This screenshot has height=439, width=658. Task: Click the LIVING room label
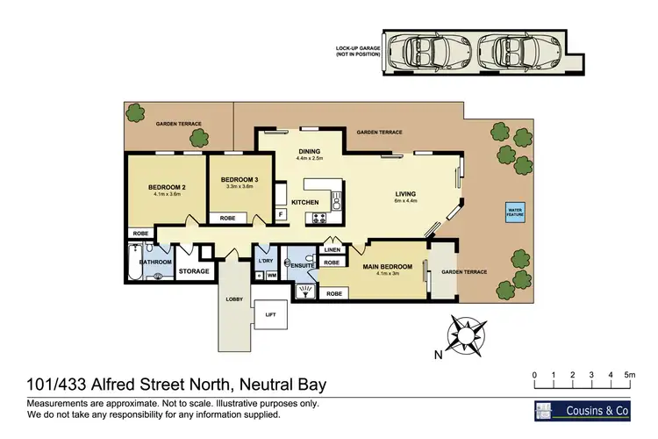point(405,194)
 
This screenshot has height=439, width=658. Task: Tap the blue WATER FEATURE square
point(513,212)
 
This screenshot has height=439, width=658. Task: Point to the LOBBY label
point(233,299)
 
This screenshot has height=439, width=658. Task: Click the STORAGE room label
point(194,271)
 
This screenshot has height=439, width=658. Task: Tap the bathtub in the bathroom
point(134,266)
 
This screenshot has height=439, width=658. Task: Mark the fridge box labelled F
point(280,213)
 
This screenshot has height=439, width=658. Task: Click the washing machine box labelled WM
point(271,276)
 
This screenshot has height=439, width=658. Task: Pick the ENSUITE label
point(303,264)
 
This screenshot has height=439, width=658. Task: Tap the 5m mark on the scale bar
point(629,376)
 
